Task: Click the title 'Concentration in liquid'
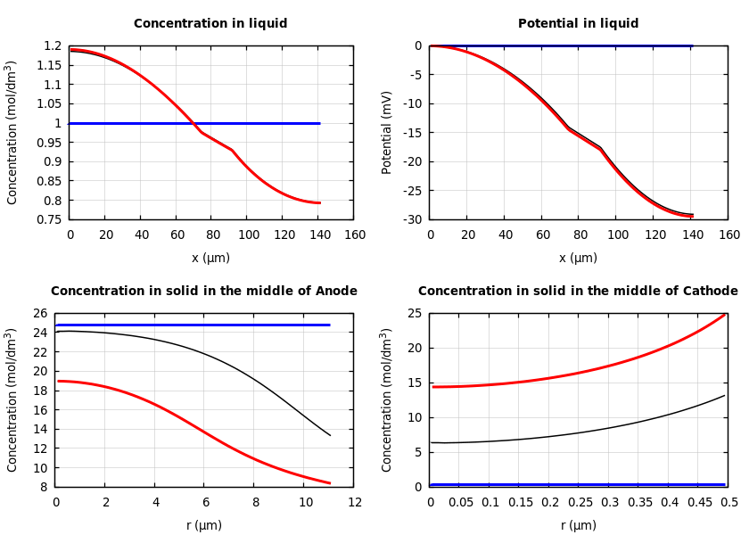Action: pos(210,24)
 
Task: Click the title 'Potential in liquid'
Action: pos(578,24)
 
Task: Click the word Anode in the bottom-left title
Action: pos(338,292)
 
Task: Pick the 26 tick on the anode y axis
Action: pos(38,314)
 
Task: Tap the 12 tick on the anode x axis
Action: pos(355,503)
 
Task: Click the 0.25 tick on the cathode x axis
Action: pos(580,503)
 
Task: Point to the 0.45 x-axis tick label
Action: pos(699,503)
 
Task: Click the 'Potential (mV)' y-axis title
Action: pos(387,132)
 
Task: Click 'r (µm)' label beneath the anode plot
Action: pos(203,525)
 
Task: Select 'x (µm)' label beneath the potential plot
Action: pos(578,258)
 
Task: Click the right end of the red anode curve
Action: pos(330,483)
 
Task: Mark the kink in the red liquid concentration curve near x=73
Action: pos(201,132)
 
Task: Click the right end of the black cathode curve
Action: pos(724,396)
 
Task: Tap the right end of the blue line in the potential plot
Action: pos(692,45)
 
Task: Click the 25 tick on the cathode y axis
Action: pos(416,314)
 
